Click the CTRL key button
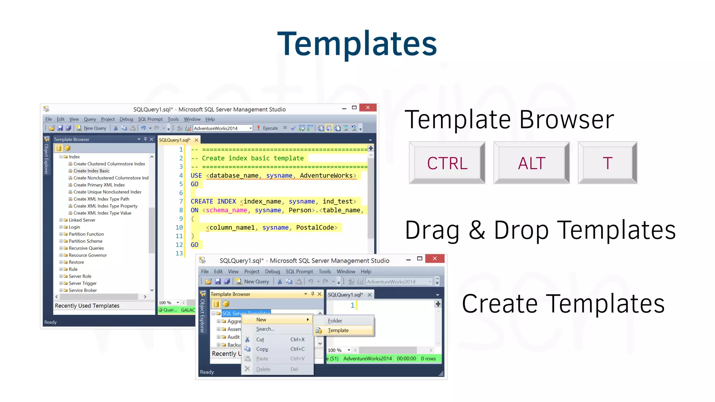click(447, 163)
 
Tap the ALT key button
click(531, 163)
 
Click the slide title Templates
click(357, 44)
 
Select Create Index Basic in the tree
click(91, 171)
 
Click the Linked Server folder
click(82, 220)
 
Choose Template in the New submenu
click(338, 330)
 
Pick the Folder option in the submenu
click(335, 321)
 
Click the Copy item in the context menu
click(262, 349)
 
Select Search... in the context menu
click(265, 329)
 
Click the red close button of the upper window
click(368, 107)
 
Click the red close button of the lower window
click(435, 259)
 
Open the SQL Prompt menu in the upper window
click(150, 119)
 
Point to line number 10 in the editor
click(179, 228)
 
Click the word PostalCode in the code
click(315, 228)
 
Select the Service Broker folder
click(83, 290)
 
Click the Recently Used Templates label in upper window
click(87, 306)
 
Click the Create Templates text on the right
click(563, 304)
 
